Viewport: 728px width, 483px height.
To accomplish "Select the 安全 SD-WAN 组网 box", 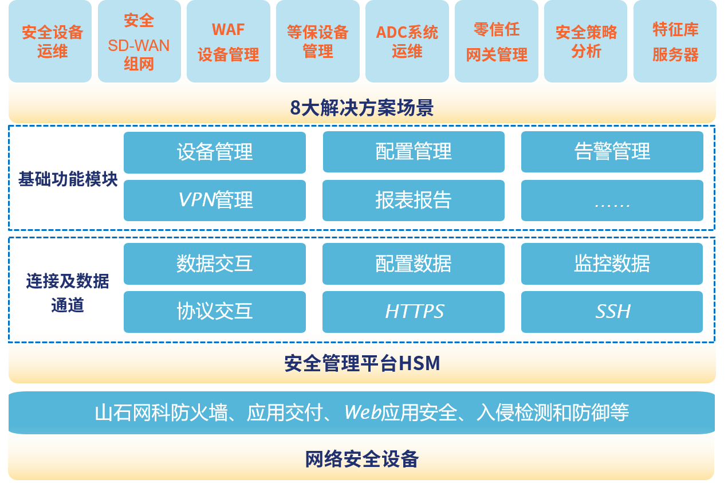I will click(x=139, y=41).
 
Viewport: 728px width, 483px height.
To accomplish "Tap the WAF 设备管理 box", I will click(x=228, y=41).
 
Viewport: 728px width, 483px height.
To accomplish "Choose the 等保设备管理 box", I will click(x=317, y=41).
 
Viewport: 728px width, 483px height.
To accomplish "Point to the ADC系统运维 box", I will click(x=407, y=41).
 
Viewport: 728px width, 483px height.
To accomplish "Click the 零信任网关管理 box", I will click(x=496, y=41).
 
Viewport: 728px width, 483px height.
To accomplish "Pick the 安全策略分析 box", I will click(x=585, y=41).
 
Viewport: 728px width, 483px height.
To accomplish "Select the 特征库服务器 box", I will click(x=675, y=41).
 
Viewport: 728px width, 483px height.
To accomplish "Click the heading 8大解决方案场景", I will click(x=362, y=108).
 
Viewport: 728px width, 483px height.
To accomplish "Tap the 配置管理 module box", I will click(x=414, y=152).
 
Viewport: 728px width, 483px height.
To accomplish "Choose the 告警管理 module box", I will click(x=612, y=152).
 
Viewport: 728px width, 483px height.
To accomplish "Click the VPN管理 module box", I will click(x=215, y=200).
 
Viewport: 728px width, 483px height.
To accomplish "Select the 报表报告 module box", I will click(x=414, y=200).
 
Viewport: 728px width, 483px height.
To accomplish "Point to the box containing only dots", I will click(x=612, y=201).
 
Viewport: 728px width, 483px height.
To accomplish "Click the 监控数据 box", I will click(x=612, y=264).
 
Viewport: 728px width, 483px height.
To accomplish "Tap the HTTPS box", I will click(x=414, y=311).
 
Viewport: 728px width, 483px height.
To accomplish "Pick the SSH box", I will click(x=612, y=311).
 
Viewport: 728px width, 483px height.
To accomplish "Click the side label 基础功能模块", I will click(x=68, y=179).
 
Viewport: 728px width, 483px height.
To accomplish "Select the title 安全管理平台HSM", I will click(x=362, y=363).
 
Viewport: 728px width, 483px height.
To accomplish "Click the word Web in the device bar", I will click(x=363, y=413).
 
